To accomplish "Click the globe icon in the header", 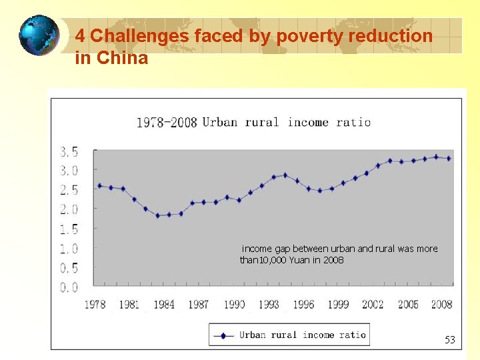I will point(39,35).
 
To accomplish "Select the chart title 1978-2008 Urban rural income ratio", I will point(253,122).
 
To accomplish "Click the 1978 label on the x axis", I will point(95,305).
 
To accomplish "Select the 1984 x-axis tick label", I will point(164,305).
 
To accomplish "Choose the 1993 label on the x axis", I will point(269,305).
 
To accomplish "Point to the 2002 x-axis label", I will point(373,305).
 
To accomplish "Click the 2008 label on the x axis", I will point(442,305).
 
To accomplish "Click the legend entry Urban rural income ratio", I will point(303,335).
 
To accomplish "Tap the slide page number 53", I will point(450,340).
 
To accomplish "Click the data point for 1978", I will point(99,185).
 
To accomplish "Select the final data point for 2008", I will point(448,159).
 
